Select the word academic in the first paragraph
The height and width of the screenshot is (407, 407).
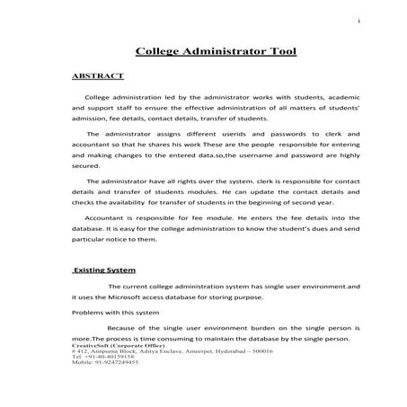(x=315, y=95)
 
